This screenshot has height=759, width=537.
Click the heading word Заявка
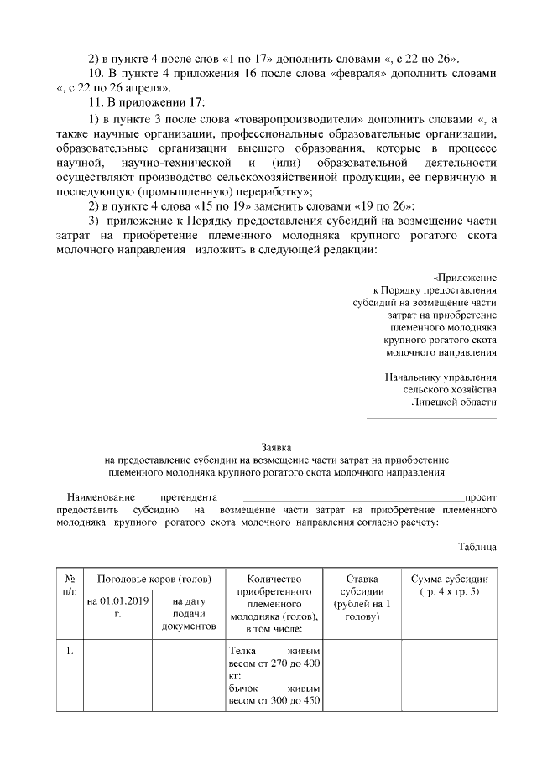click(x=276, y=447)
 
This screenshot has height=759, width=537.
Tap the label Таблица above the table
click(x=477, y=547)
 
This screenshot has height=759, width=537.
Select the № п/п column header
click(x=70, y=585)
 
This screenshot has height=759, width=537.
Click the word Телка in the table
click(x=243, y=651)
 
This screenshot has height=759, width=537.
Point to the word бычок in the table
click(x=245, y=689)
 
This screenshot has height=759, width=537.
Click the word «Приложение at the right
click(x=465, y=276)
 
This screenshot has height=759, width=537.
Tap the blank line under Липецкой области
click(x=431, y=417)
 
